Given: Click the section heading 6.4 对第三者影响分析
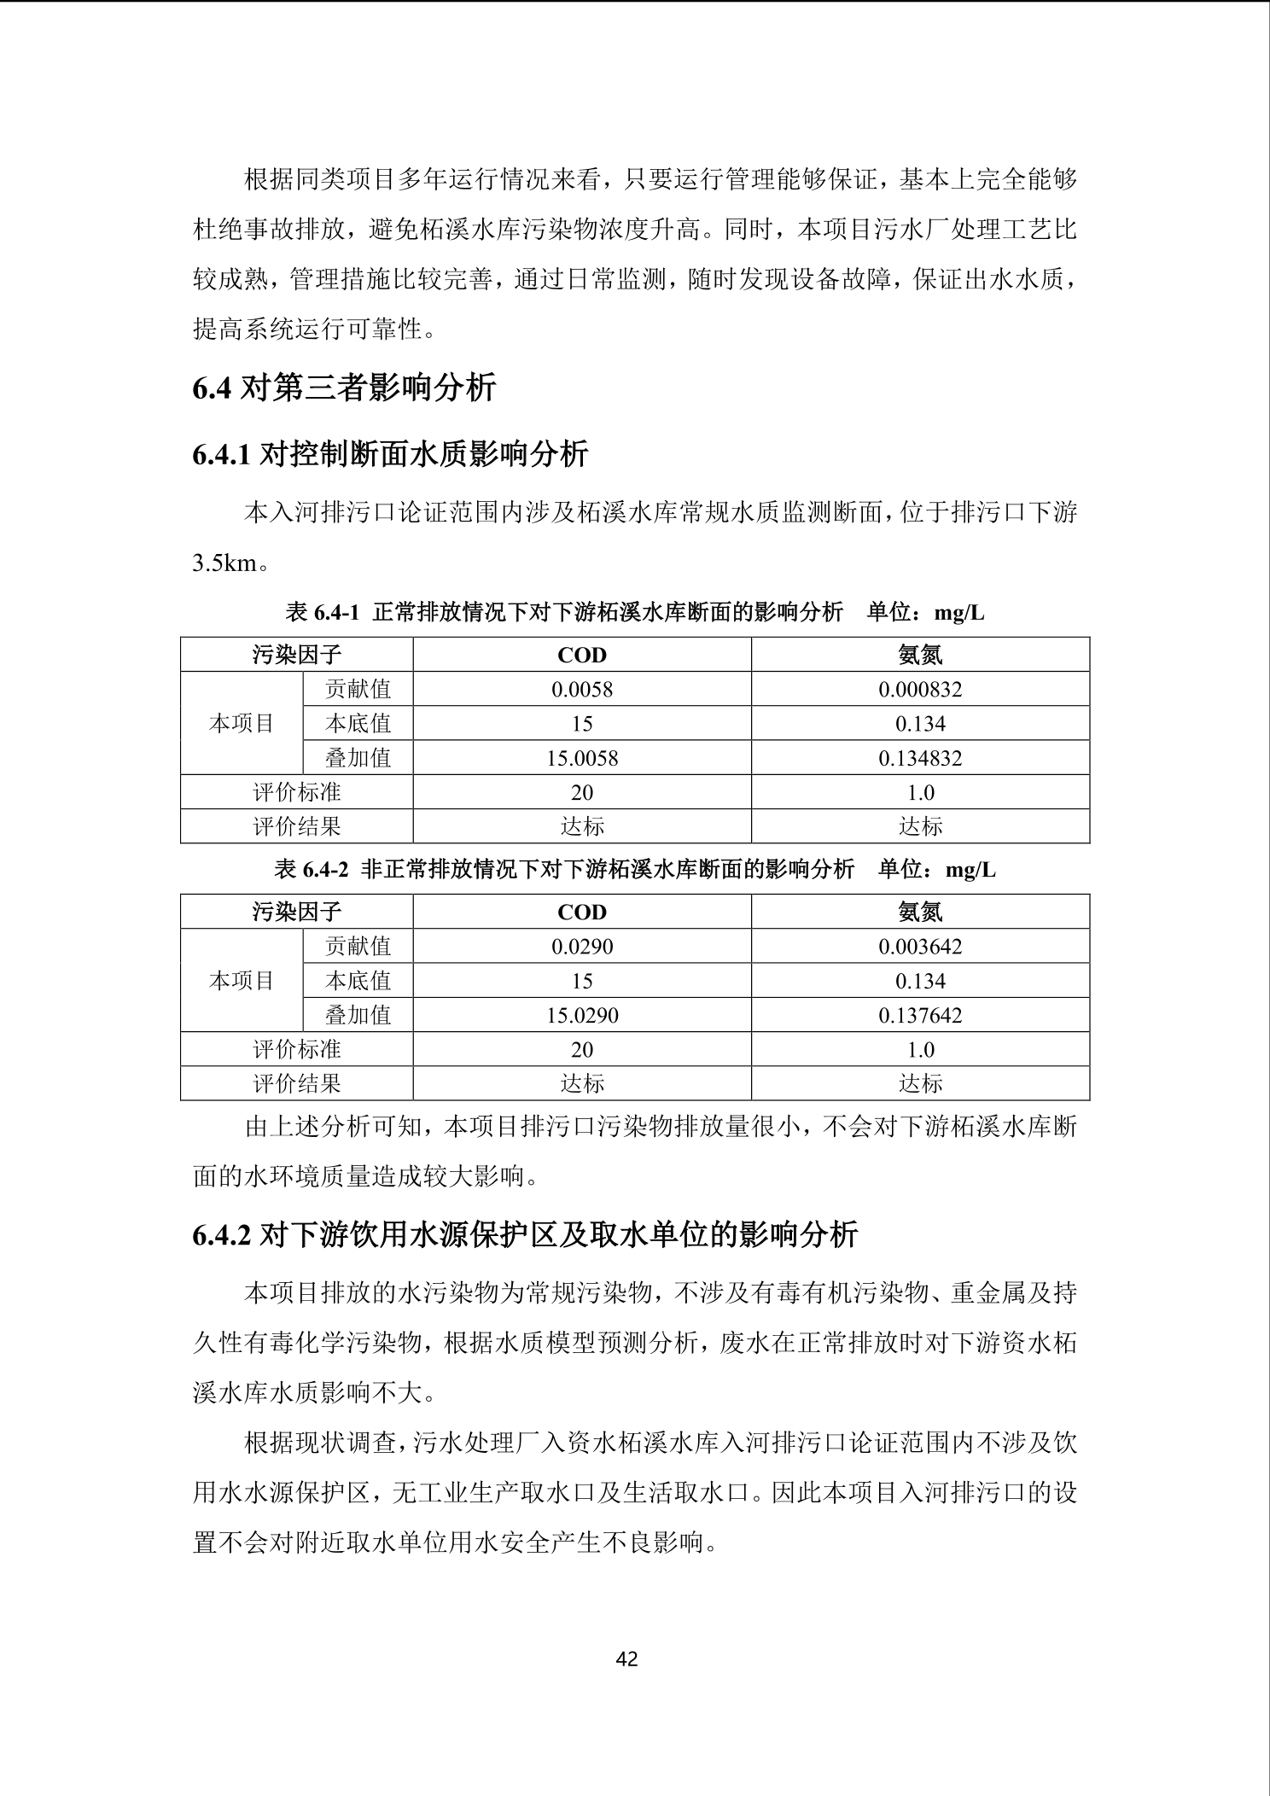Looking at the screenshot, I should [x=345, y=388].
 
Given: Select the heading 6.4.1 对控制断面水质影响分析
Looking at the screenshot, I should [x=390, y=454].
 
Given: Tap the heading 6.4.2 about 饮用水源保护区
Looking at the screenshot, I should [x=525, y=1235].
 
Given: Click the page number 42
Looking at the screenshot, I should [x=626, y=1659].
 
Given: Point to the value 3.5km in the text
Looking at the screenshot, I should [x=224, y=563].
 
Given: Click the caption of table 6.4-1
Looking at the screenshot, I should [x=634, y=612].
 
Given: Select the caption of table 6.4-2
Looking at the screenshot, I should [x=634, y=869].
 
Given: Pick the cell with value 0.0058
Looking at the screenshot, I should [x=582, y=689].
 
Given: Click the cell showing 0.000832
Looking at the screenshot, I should [x=920, y=689].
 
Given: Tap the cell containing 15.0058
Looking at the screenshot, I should [x=582, y=758].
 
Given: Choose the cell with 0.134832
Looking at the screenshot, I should [x=920, y=758].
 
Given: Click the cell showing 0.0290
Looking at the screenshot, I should [x=582, y=946].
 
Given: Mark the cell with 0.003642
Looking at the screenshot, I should [x=920, y=946].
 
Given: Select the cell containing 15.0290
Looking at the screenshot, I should [x=582, y=1015].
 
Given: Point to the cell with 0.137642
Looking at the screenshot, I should [x=920, y=1015].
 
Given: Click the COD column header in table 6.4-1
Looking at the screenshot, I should [x=582, y=655].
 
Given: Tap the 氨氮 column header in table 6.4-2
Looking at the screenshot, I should [x=920, y=912].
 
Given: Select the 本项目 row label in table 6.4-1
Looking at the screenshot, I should [x=242, y=724].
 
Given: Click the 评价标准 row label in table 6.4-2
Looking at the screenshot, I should [x=297, y=1049].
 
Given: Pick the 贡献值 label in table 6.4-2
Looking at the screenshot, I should [x=358, y=946].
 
